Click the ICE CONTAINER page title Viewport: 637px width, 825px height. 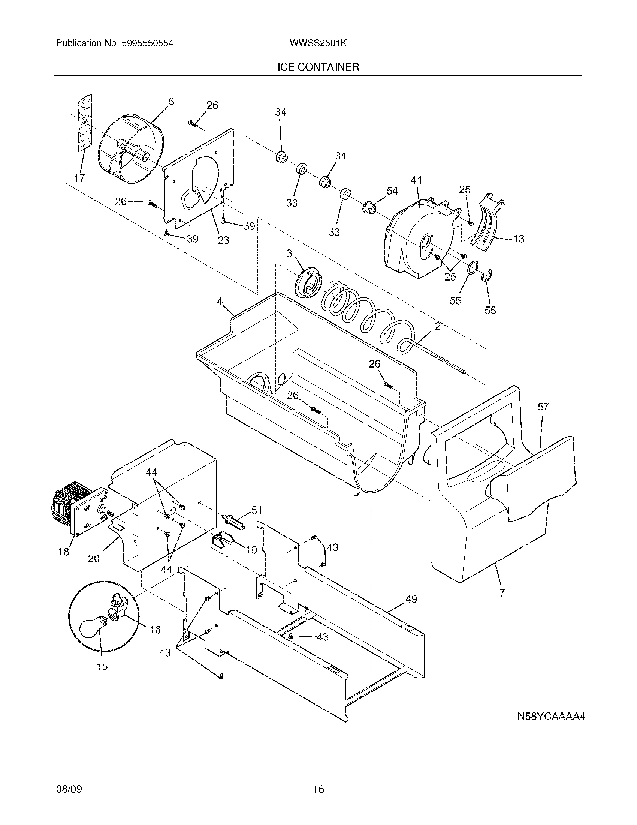[318, 67]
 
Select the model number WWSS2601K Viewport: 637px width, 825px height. [318, 43]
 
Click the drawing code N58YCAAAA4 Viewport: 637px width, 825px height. [551, 717]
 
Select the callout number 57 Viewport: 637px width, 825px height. [543, 407]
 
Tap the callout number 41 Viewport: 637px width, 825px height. [416, 181]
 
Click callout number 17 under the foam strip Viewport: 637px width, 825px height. [79, 178]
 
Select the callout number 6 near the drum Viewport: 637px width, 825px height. [171, 101]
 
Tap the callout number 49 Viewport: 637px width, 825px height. [411, 599]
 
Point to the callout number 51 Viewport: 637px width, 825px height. [257, 510]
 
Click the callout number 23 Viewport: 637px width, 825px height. [223, 240]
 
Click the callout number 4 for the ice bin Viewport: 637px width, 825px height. [220, 301]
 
